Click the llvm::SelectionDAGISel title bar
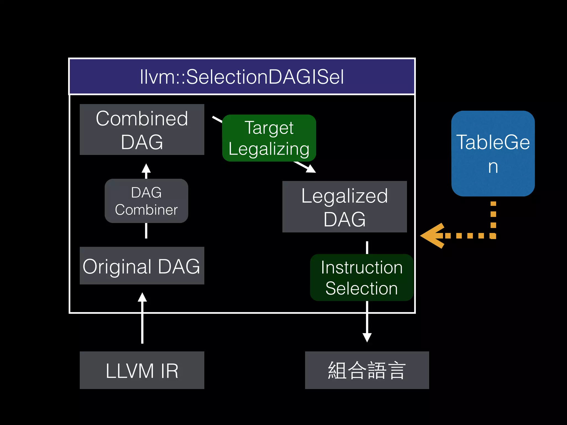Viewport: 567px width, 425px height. click(x=242, y=77)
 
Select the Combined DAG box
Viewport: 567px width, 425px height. click(x=142, y=129)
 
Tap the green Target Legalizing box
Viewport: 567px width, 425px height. click(x=269, y=138)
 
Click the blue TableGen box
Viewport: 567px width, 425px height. click(x=493, y=154)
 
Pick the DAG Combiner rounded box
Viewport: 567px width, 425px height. click(x=146, y=201)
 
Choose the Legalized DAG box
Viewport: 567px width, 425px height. click(x=344, y=207)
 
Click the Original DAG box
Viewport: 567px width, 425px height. click(x=142, y=266)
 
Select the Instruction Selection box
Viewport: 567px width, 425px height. click(x=362, y=278)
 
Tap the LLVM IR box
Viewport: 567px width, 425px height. click(x=142, y=370)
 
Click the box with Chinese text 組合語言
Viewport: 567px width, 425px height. click(x=367, y=370)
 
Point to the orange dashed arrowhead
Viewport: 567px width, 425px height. click(x=433, y=236)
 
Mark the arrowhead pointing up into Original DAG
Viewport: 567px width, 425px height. click(x=142, y=297)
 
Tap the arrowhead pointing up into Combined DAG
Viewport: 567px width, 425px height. click(x=146, y=168)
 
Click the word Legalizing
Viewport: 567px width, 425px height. click(x=269, y=149)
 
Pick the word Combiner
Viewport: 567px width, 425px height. click(x=146, y=210)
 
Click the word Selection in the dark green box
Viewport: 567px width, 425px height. click(x=362, y=288)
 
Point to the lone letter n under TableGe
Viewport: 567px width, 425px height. click(x=493, y=167)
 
